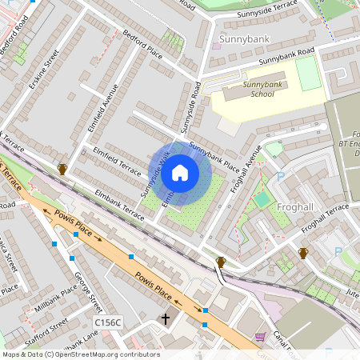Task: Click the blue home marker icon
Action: pos(180,173)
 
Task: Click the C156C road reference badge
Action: pos(107,322)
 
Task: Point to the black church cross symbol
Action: pos(166,320)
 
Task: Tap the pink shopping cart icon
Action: pos(260,338)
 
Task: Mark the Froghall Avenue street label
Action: pos(253,165)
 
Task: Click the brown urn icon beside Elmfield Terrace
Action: pos(62,169)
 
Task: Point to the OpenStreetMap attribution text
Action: pos(80,354)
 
